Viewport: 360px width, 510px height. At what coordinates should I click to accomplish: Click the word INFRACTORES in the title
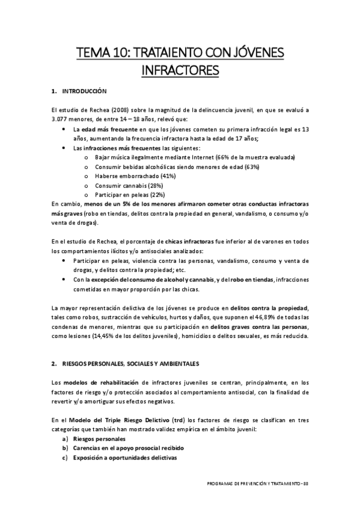(180, 72)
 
